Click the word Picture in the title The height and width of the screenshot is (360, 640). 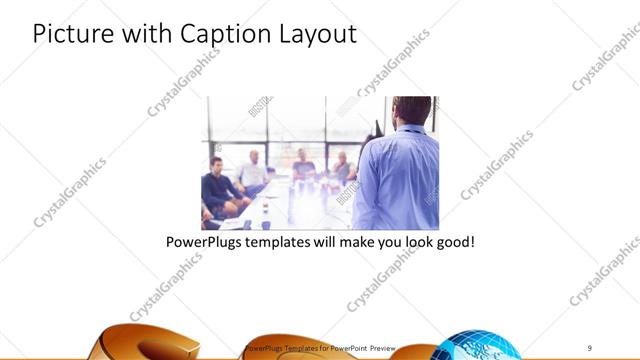(70, 33)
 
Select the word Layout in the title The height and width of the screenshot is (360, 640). (318, 33)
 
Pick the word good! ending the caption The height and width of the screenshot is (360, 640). (450, 242)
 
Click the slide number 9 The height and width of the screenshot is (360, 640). (590, 347)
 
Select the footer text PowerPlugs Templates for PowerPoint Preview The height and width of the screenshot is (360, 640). (320, 347)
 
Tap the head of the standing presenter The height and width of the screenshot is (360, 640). (410, 112)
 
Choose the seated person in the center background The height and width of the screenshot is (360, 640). (303, 167)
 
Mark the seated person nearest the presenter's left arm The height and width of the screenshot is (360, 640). (343, 169)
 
